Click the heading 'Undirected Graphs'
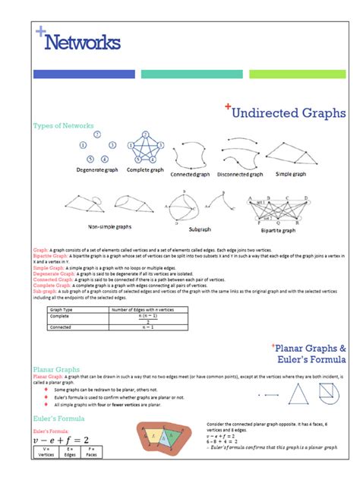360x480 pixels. coord(288,113)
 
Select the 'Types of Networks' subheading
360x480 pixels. coord(64,125)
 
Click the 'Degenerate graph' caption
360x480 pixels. coord(97,170)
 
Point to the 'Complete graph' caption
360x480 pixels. coord(144,170)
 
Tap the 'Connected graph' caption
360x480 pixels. coord(190,174)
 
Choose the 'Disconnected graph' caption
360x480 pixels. coord(239,174)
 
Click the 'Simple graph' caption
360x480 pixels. coord(290,174)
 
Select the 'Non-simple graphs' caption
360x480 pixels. coord(109,226)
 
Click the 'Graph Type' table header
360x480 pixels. coord(62,310)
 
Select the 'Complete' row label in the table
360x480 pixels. coord(60,316)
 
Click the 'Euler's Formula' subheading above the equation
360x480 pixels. coord(58,418)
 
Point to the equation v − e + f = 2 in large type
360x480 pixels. coord(61,440)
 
